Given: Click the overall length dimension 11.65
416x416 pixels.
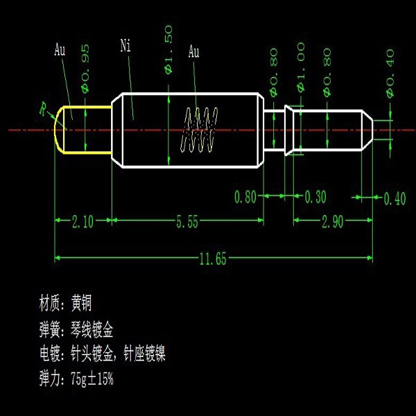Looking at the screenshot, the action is (213, 259).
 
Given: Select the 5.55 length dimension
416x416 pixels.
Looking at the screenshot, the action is (187, 222).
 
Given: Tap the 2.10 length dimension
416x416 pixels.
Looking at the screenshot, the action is (83, 222).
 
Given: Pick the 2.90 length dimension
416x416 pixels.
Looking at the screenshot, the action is (333, 222).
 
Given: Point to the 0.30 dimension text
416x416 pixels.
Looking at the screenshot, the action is (315, 197).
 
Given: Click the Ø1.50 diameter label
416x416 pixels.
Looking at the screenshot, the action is (168, 50).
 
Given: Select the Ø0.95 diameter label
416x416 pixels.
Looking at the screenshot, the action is (85, 69).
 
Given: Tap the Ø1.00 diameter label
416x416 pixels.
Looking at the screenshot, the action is (301, 67).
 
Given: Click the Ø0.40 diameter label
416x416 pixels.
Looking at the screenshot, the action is (390, 73).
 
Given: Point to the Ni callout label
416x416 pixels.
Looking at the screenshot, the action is (125, 46).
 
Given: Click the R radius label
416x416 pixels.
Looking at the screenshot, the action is (43, 109).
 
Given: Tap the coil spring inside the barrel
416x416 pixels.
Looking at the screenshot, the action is (199, 130).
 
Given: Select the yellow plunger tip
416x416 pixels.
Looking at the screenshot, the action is (83, 130).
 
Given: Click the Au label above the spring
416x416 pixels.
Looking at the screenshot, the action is (193, 51).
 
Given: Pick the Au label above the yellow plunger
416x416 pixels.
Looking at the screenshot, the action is (60, 49).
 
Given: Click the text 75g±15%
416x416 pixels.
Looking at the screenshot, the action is (92, 379).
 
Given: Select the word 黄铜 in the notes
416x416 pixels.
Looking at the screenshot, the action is (81, 303).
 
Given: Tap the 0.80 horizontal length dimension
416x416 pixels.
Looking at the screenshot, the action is (245, 197).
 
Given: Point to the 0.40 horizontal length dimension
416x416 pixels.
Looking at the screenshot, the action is (395, 198).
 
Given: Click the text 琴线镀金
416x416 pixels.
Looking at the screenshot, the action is (92, 329).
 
